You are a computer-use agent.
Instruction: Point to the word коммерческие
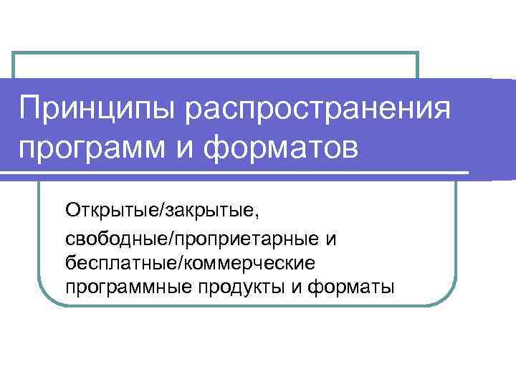248,262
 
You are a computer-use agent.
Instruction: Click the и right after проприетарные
330,237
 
